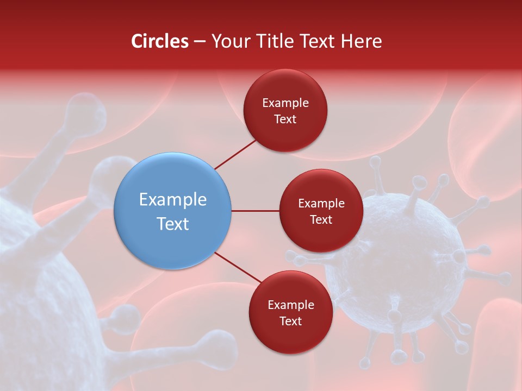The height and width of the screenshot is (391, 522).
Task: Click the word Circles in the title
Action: coord(160,41)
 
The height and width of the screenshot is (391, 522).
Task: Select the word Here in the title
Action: coord(361,41)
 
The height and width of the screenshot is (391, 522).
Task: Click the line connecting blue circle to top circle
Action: coord(235,154)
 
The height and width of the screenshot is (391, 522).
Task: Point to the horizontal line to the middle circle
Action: coord(255,211)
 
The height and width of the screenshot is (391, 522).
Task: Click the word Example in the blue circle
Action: coord(173,200)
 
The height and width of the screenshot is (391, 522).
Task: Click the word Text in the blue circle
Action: coord(173,224)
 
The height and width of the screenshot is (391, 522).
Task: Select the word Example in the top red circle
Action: coord(285,103)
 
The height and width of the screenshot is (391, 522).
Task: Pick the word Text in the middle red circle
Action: coord(321,219)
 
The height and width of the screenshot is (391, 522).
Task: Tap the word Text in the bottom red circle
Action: coord(290,321)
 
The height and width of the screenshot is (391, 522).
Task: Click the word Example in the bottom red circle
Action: coord(290,305)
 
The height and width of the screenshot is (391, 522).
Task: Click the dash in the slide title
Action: coord(200,42)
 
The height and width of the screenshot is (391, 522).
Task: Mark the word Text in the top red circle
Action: coord(285,119)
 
